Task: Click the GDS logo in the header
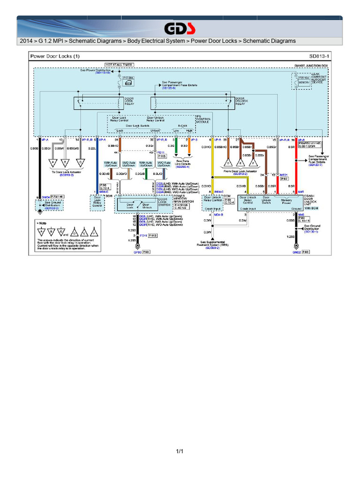pos(180,29)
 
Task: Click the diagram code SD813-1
pos(319,56)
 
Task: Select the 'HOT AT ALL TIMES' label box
pos(119,65)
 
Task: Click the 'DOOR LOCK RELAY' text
pos(129,102)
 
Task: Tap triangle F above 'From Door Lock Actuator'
pos(254,163)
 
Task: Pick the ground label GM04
pos(45,197)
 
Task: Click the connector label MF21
pos(284,174)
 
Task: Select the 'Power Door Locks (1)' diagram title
pos(55,56)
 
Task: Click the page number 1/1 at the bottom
pos(180,451)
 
